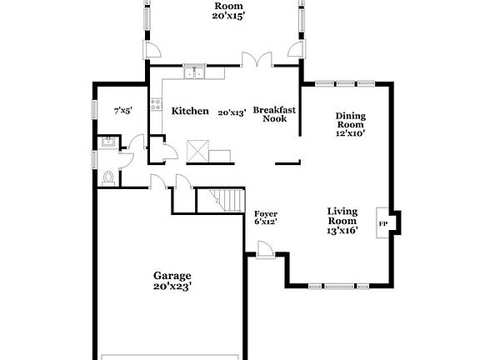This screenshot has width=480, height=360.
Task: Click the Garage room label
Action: coord(172,276)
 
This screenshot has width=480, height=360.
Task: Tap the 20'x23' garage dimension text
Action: coord(172,287)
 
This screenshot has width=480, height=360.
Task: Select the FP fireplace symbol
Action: coord(383,224)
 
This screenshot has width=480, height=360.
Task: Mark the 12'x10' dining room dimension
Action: coord(352,132)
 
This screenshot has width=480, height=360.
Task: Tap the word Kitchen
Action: coord(190,111)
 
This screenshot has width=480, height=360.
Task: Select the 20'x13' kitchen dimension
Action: coord(232,112)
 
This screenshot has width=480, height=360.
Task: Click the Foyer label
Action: coord(266,213)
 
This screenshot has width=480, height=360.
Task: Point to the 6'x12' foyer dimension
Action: coord(266,222)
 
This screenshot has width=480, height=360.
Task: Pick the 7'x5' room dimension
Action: coord(123,111)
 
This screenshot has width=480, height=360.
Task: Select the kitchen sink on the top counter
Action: coord(194,73)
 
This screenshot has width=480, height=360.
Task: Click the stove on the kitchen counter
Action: coord(155,105)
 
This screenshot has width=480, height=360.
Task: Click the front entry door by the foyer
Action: coord(265,248)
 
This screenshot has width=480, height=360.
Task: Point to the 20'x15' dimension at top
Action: coord(227,17)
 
